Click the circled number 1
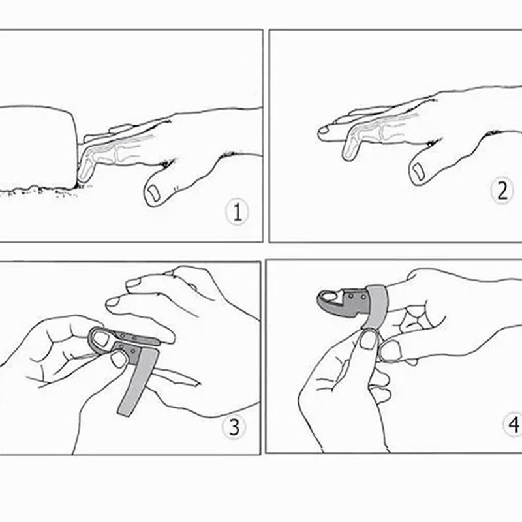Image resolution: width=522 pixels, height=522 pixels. (x=238, y=212)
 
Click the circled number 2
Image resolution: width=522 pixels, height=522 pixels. (x=501, y=191)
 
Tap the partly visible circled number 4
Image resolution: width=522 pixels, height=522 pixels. (x=514, y=425)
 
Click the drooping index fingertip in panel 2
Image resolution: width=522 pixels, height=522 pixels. (x=350, y=151)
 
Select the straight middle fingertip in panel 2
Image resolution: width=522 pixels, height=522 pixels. (x=324, y=132)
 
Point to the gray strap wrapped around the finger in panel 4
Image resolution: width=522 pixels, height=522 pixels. (x=377, y=307)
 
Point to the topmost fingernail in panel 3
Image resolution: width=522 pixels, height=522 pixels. (x=134, y=283)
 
